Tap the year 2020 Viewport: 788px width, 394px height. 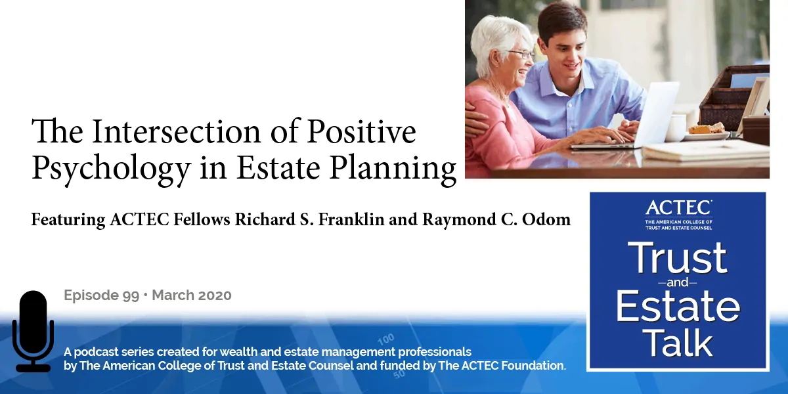pos(213,295)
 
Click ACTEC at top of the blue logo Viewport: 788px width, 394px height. pos(678,208)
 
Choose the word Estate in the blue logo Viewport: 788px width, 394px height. pos(678,305)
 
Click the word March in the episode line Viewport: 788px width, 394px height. pos(175,295)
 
